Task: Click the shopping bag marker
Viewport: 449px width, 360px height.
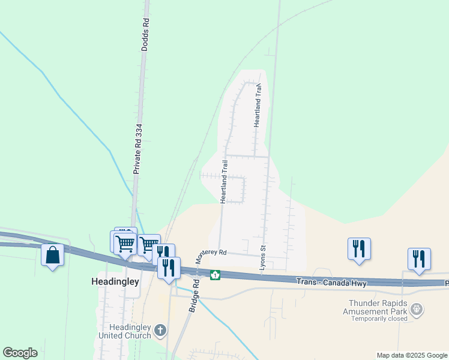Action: (53, 255)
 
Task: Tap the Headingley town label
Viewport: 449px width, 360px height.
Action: (115, 281)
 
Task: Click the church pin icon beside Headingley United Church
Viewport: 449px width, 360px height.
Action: (160, 329)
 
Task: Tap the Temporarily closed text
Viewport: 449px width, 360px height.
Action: (376, 320)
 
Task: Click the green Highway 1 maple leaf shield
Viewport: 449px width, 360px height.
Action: (215, 275)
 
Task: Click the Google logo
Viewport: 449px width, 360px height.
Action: (20, 353)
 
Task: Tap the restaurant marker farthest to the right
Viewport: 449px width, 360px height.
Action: (419, 259)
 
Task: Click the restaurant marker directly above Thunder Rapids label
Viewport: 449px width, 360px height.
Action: (359, 248)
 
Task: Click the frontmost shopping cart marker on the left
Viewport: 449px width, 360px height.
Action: (124, 244)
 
